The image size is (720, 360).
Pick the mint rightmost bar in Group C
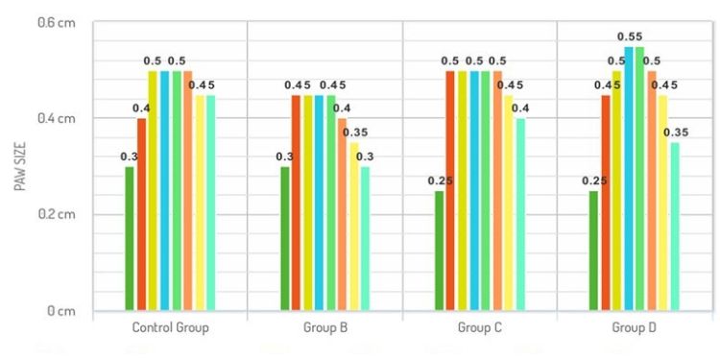(x=519, y=215)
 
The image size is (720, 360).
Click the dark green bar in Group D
(x=593, y=251)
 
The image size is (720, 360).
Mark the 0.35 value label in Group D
(x=678, y=132)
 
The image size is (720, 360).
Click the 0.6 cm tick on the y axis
(x=59, y=22)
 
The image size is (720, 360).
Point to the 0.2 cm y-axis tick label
(x=59, y=214)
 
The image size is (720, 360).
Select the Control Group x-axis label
(x=170, y=328)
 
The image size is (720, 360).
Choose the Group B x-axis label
(x=324, y=328)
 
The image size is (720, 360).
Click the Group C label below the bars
(x=479, y=328)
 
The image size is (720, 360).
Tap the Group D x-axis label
(x=635, y=328)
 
